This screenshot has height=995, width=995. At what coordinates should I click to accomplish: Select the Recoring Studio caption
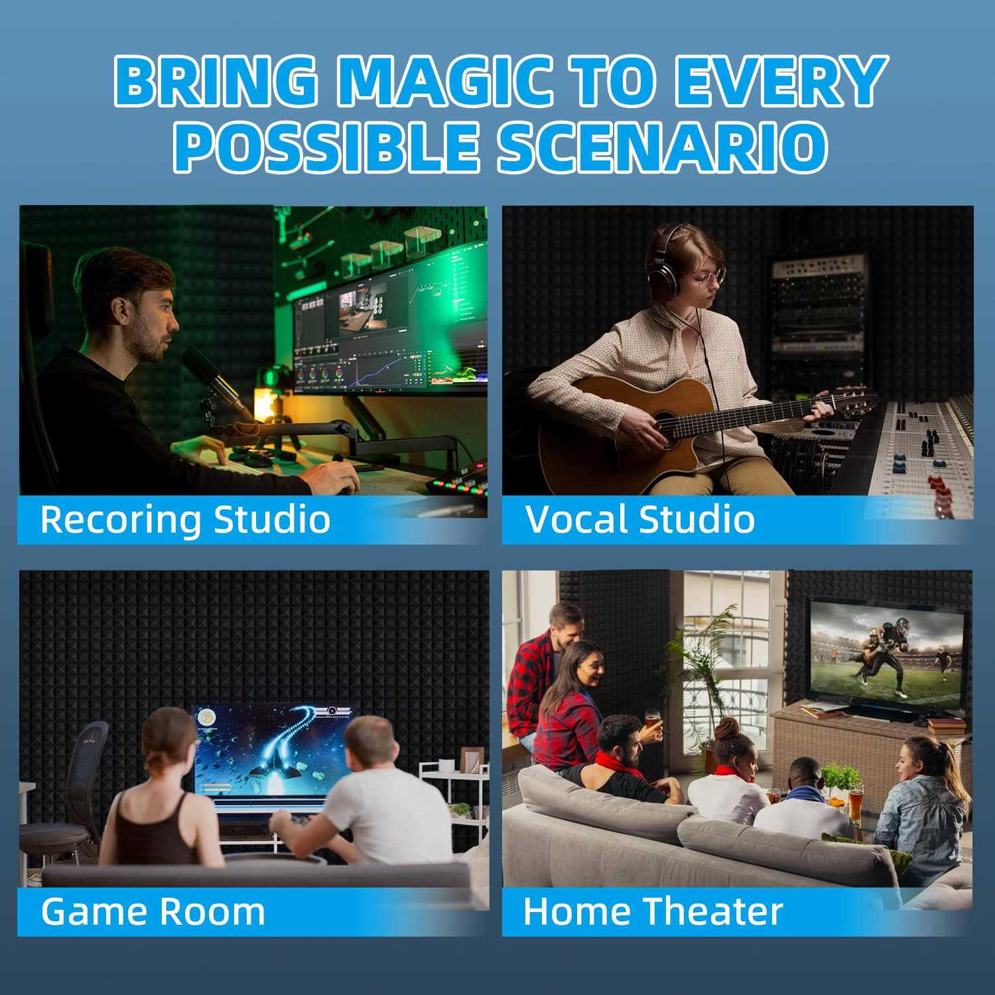tap(185, 519)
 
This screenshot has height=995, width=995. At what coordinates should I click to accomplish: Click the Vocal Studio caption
tap(640, 519)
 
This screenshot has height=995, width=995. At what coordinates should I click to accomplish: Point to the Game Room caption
tap(153, 911)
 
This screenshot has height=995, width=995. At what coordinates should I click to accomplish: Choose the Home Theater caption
tap(653, 911)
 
